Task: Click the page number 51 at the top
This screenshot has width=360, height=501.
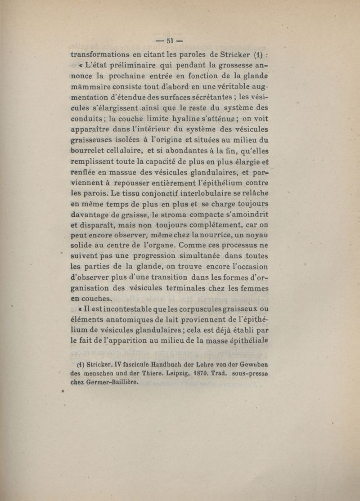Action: pos(170,41)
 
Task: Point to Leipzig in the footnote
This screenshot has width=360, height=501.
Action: pos(187,373)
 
